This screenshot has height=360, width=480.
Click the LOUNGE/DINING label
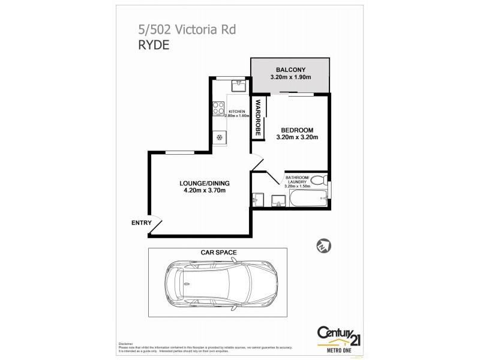point(205,183)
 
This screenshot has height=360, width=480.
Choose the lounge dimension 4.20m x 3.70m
point(205,191)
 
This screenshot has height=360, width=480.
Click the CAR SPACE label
point(220,253)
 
